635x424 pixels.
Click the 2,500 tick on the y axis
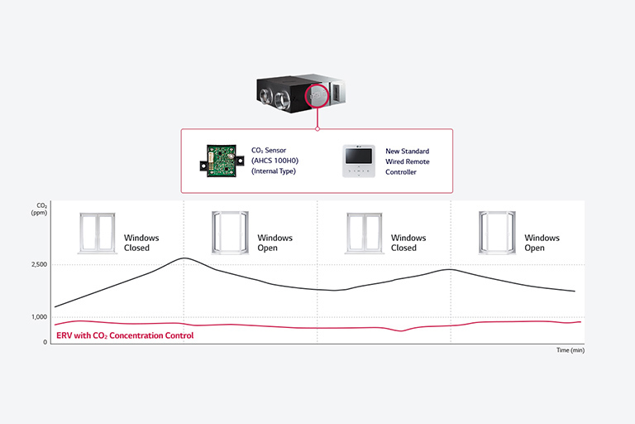[x=38, y=265]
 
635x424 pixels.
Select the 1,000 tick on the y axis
[x=38, y=317]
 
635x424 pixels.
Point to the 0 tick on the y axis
[x=45, y=341]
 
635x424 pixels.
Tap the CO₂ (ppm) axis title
[x=41, y=209]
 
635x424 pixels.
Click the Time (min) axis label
[x=570, y=350]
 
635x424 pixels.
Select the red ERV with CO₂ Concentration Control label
[x=125, y=335]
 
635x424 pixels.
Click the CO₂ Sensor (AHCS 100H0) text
[x=274, y=161]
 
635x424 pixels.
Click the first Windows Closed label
[x=141, y=243]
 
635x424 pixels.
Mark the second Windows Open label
[x=542, y=243]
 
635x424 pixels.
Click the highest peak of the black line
[x=184, y=258]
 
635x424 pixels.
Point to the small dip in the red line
[x=401, y=330]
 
